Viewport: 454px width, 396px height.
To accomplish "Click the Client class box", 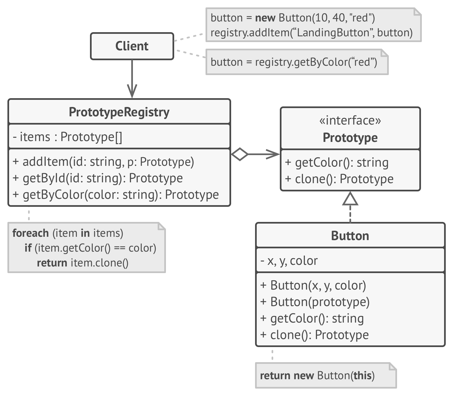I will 132,46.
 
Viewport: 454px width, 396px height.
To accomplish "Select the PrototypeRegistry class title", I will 119,112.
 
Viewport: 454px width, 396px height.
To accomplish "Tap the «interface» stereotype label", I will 350,120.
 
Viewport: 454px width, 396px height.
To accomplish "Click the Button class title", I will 350,236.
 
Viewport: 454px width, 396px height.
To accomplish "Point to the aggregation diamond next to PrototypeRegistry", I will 240,154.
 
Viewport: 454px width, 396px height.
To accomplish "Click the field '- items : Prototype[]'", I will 68,137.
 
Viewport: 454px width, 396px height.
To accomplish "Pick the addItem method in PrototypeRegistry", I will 103,162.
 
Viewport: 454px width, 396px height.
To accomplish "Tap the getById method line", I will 98,178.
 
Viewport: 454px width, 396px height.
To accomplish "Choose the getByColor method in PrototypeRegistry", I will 116,195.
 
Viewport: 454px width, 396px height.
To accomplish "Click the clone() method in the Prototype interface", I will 339,179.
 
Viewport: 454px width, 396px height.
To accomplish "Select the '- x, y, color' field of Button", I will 289,261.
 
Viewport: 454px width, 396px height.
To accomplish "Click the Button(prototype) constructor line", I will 315,302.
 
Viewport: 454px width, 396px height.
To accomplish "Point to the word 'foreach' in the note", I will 31,233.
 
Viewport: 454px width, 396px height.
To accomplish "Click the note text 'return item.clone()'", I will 83,263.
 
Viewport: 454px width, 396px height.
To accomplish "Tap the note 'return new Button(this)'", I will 317,376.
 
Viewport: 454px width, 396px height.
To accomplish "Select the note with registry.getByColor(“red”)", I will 294,62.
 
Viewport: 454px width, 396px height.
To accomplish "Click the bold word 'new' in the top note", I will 265,18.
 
